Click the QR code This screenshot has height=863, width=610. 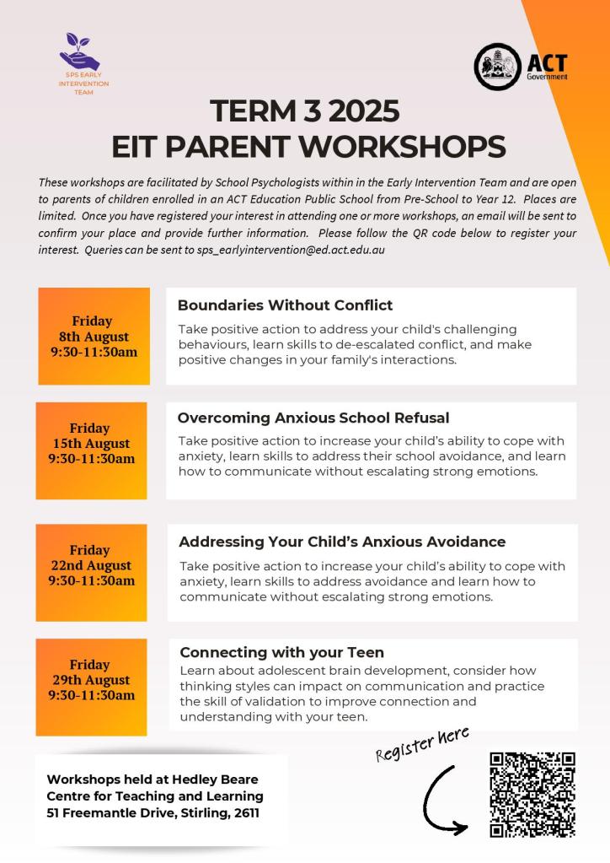(x=532, y=795)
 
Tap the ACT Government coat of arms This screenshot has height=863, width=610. (x=496, y=67)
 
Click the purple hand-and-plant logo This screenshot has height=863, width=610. (x=80, y=52)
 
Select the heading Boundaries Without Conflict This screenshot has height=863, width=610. (x=285, y=305)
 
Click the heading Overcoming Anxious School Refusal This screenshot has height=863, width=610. (x=313, y=418)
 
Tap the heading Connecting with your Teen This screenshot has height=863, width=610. (x=281, y=652)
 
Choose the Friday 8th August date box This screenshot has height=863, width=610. (x=94, y=336)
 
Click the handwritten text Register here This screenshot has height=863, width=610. (x=421, y=743)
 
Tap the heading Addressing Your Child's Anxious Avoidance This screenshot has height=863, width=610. (x=342, y=542)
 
